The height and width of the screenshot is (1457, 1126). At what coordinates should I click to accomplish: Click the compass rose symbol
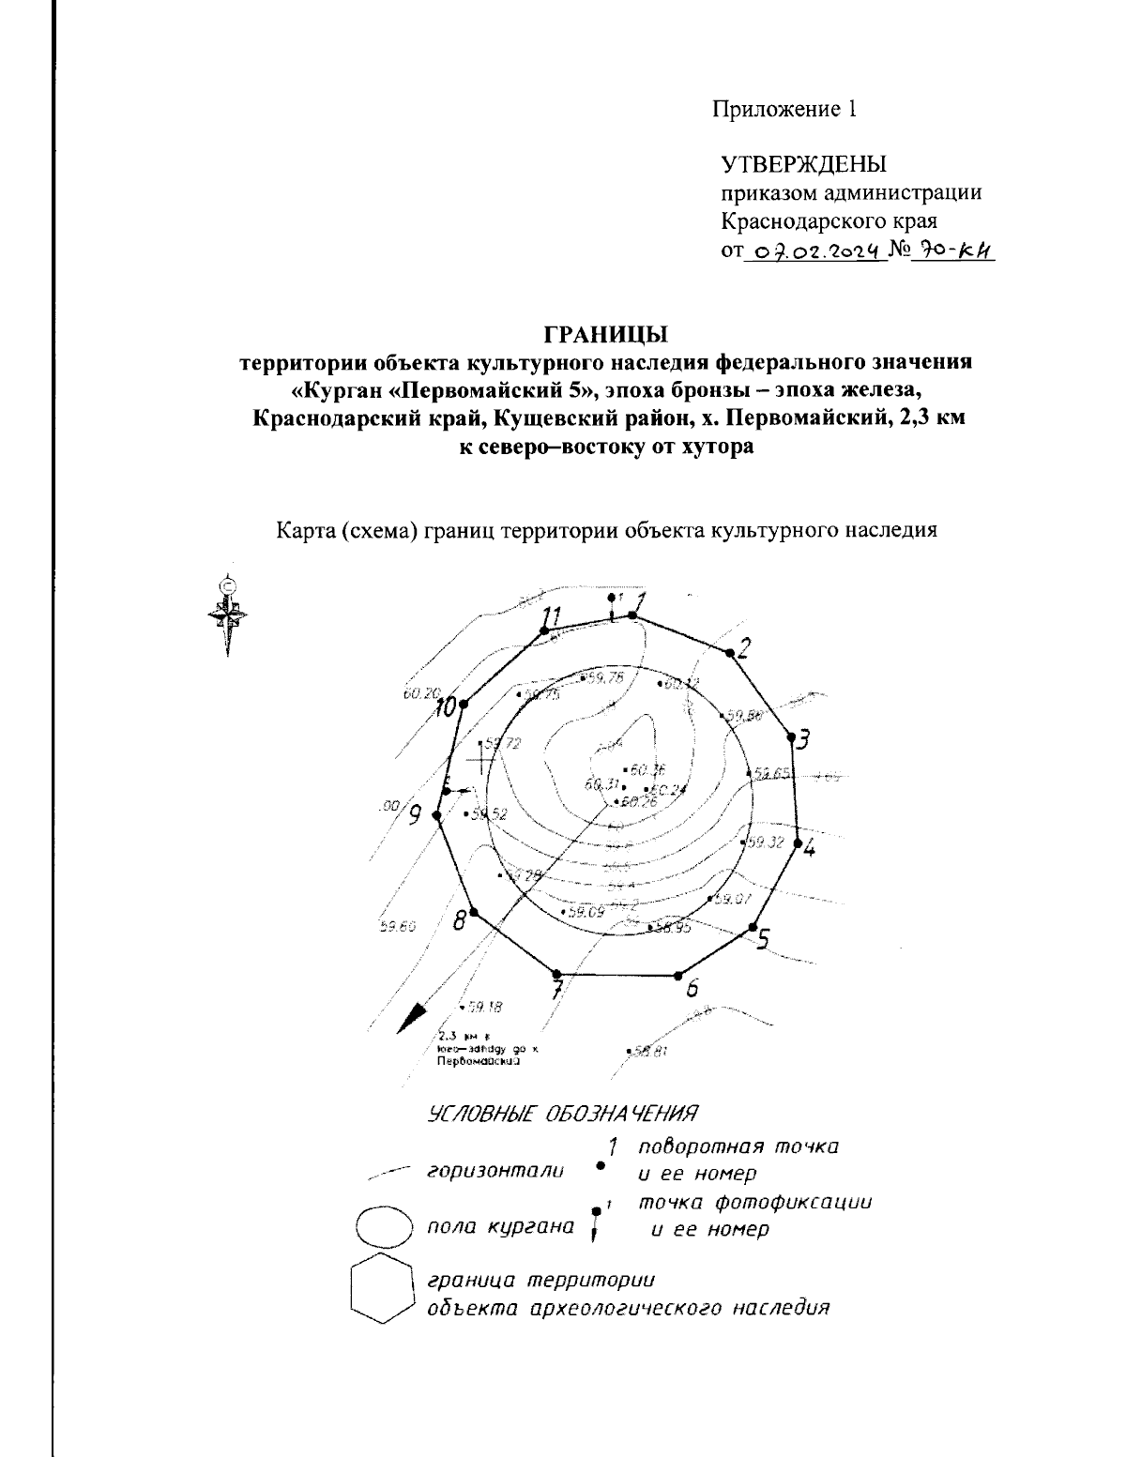[x=227, y=616]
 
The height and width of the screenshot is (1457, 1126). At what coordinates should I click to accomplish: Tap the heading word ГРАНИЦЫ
[x=604, y=334]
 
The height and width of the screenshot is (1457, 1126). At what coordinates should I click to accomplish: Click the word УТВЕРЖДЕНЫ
[x=803, y=166]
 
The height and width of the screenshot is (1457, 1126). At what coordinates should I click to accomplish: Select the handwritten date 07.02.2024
[x=814, y=250]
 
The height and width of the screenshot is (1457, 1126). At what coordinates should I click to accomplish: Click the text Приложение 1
[x=784, y=109]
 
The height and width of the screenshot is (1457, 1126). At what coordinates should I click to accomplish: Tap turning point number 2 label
[x=744, y=647]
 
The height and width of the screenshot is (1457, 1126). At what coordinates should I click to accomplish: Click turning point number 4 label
[x=809, y=849]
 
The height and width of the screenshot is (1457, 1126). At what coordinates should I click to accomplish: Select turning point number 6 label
[x=692, y=988]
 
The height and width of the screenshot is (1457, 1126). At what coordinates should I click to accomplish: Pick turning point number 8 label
[x=460, y=920]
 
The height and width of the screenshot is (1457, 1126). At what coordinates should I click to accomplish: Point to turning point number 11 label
[x=552, y=616]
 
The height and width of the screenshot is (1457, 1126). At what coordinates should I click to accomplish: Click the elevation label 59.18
[x=484, y=1008]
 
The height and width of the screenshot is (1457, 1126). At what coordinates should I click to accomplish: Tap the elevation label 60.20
[x=420, y=694]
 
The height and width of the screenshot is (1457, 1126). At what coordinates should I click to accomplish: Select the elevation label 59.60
[x=397, y=927]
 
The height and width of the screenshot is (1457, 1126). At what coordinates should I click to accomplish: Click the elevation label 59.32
[x=765, y=842]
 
